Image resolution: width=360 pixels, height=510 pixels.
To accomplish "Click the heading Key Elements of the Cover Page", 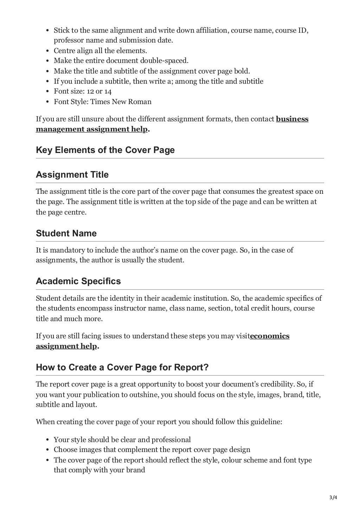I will [105, 150].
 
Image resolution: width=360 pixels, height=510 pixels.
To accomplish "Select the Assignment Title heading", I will [72, 175].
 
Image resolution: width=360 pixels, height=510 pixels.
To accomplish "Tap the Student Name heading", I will [66, 234].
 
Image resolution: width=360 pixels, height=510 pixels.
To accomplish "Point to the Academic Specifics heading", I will [78, 281].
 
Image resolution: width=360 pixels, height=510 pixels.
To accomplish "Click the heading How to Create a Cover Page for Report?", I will [122, 368].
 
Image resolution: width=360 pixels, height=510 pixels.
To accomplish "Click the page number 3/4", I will [333, 497].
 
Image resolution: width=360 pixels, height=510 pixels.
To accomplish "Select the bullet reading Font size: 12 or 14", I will [83, 91].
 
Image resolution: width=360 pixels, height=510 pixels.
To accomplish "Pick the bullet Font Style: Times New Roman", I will [102, 102].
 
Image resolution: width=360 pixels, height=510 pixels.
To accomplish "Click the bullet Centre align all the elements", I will [100, 51].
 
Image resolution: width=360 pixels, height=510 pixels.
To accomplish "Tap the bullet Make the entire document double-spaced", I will [121, 61].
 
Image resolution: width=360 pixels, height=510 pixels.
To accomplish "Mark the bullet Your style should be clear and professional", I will [122, 440].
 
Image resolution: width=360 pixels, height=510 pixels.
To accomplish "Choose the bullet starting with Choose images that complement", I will [152, 450].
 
